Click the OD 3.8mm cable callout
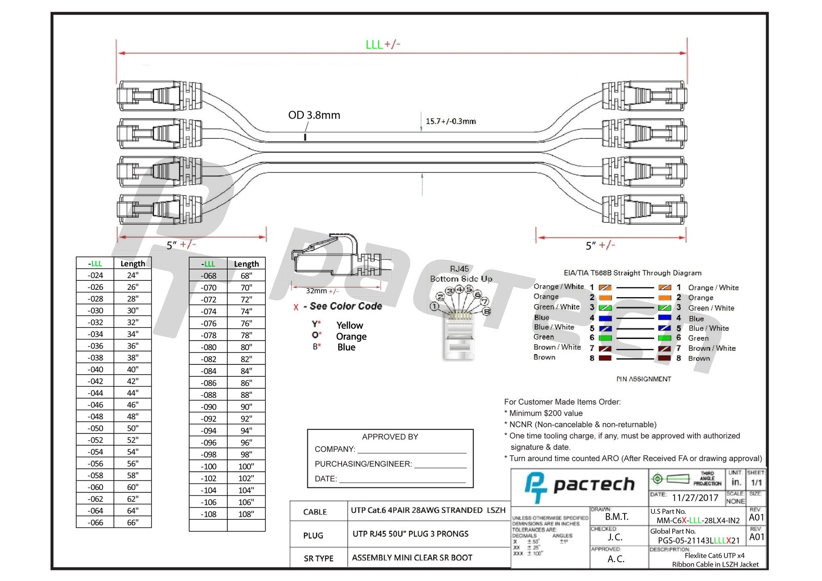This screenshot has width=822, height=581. pos(314,115)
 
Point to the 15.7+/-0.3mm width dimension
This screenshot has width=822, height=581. pos(450,121)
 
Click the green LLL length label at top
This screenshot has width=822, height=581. pos(374,45)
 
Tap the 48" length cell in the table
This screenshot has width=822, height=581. pos(132,417)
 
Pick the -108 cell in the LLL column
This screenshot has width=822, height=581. pos(208,514)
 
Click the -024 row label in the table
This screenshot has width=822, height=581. pos(95,275)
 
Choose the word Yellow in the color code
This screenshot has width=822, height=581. pos(349,325)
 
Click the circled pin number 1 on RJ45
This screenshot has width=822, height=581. pos(435,307)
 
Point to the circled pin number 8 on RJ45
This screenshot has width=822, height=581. pos(486,311)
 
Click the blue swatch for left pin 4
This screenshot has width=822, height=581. pos(605,318)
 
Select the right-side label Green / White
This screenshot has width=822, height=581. pos(711,308)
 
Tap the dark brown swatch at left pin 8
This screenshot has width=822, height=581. pos(605,358)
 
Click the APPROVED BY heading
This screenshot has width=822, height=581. pos(390,437)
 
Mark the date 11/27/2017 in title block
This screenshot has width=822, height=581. pos(694,498)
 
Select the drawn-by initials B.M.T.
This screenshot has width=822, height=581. pos(616,517)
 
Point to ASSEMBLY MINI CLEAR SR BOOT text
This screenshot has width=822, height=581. pos(412,557)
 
